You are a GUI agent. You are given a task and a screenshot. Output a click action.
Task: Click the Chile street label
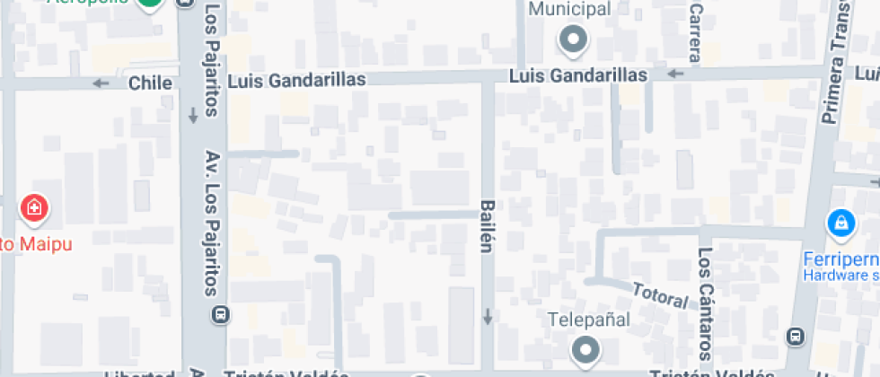[x=150, y=83]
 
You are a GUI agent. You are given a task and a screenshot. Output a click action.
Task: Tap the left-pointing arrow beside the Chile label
[x=101, y=83]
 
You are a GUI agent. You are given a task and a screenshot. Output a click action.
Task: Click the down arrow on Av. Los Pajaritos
[x=193, y=116]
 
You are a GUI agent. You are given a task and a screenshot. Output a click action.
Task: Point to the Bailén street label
[x=487, y=225]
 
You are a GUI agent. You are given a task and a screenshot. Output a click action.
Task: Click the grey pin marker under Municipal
[x=572, y=39]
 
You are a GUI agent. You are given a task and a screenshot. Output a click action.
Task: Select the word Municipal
[x=570, y=9]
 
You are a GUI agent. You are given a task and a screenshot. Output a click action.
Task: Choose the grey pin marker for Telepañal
[x=586, y=350]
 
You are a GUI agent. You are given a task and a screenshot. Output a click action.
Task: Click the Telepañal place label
[x=588, y=320]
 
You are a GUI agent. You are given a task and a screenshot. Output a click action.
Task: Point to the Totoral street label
[x=660, y=295]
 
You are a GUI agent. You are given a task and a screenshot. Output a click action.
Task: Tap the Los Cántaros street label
[x=705, y=303]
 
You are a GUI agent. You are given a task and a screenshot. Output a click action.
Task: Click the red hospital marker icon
[x=34, y=208]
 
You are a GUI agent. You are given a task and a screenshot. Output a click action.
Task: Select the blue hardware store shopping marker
[x=840, y=222]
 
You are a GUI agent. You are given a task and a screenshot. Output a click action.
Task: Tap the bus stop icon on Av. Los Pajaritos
[x=219, y=314]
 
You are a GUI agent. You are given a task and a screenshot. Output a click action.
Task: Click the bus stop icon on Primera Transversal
[x=795, y=336]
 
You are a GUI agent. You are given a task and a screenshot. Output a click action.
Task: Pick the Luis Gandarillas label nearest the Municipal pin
[x=578, y=76]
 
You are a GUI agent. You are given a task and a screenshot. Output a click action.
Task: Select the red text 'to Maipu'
[x=36, y=243]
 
